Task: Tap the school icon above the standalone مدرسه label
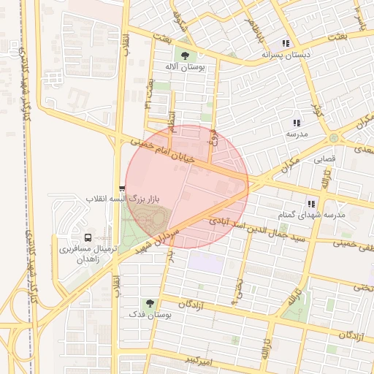coord(297,123)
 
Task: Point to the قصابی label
coord(324,157)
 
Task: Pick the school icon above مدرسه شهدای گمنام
coord(310,203)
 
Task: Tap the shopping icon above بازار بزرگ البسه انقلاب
coord(122,188)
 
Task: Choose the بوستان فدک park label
coord(150,314)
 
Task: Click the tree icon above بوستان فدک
coord(150,302)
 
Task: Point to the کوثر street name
coord(317,112)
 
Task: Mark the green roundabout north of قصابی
coord(334,137)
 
